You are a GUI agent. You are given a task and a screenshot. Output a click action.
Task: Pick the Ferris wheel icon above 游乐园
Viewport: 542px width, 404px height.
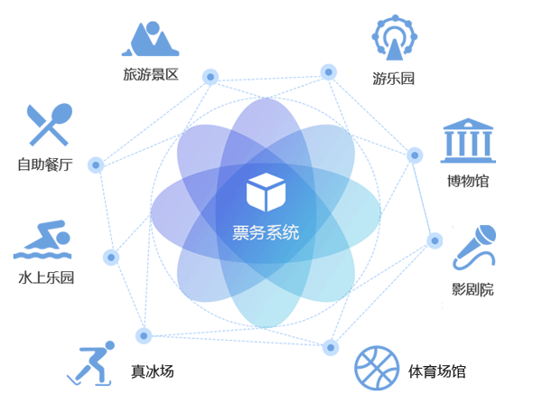[x=394, y=40]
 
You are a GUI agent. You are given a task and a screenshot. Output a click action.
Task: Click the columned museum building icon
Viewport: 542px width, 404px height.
[x=468, y=140]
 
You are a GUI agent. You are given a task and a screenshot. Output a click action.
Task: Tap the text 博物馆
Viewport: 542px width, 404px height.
[x=468, y=180]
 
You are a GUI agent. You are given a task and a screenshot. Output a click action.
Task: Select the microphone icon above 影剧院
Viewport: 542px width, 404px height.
[x=473, y=247]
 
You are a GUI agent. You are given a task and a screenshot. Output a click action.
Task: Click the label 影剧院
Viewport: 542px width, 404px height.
[x=473, y=290]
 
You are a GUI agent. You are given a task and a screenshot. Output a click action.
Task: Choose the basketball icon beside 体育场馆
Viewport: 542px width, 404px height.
[x=376, y=369]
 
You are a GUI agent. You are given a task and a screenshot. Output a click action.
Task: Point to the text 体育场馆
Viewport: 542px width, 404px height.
[x=437, y=371]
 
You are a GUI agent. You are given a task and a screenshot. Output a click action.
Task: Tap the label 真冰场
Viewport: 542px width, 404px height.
[x=152, y=371]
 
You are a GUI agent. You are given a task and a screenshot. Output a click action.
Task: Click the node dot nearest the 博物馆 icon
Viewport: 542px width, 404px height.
[x=415, y=155]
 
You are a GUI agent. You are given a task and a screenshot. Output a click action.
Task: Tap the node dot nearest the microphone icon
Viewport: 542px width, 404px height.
[x=435, y=240]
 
